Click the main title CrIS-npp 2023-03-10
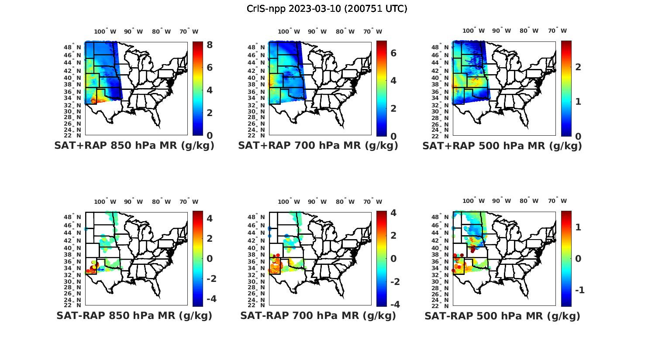point(327,9)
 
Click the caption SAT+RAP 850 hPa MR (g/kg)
point(134,146)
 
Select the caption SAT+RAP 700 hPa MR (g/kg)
point(318,146)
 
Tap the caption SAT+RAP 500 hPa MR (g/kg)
point(502,146)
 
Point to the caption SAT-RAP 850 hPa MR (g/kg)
point(134,315)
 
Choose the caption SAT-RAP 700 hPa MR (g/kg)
point(318,315)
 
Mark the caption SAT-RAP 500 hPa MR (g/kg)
point(502,315)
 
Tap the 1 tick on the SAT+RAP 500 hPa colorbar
point(578,101)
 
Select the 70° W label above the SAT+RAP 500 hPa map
point(557,31)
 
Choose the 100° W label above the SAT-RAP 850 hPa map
point(105,202)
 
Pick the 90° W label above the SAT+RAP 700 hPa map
point(317,31)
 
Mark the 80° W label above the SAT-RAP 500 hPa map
point(529,201)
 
